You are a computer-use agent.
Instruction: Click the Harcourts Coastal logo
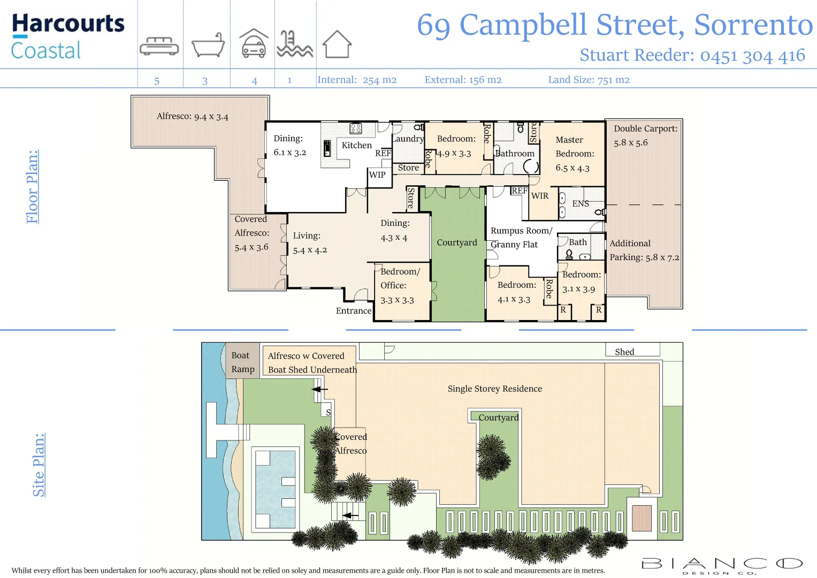[x=67, y=36]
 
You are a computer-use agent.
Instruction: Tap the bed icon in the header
[x=159, y=46]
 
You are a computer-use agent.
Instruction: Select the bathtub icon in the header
[x=208, y=45]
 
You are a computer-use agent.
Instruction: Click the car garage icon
[x=254, y=43]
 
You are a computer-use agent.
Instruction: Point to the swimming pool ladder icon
[x=294, y=44]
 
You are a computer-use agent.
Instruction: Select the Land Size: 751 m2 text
[x=589, y=80]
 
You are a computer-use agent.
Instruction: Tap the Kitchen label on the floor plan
[x=356, y=145]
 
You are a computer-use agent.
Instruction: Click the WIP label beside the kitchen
[x=377, y=174]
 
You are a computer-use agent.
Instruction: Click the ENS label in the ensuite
[x=581, y=204]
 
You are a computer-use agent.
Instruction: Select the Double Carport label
[x=645, y=129]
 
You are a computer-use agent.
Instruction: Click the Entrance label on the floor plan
[x=353, y=310]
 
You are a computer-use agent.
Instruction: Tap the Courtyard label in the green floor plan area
[x=456, y=242]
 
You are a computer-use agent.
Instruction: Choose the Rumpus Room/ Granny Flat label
[x=521, y=238]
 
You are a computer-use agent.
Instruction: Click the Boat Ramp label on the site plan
[x=242, y=362]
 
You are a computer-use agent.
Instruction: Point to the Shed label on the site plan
[x=624, y=352]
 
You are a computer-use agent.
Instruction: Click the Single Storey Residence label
[x=494, y=389]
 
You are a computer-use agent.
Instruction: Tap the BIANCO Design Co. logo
[x=722, y=565]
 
